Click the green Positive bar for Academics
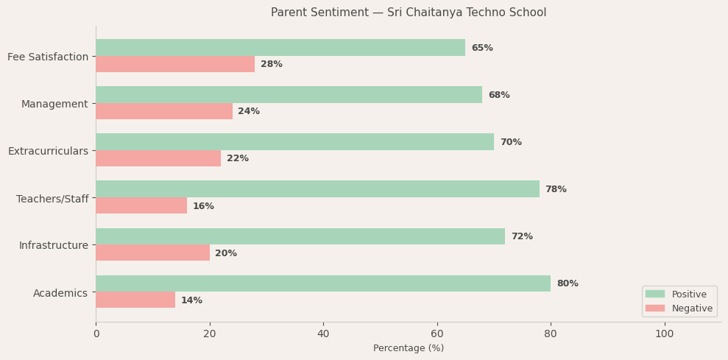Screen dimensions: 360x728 tap(323, 283)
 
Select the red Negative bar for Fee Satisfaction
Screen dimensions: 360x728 tap(175, 64)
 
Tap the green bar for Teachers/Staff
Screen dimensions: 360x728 tap(317, 189)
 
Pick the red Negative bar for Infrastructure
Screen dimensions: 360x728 tap(152, 253)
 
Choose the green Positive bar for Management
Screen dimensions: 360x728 tap(289, 95)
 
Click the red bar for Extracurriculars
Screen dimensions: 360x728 tap(158, 158)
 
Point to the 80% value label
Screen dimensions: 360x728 tap(567, 283)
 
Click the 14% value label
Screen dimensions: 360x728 tap(191, 300)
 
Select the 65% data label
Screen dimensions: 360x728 tap(482, 48)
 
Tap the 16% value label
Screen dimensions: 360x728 tap(203, 206)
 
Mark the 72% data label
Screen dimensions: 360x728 tap(521, 236)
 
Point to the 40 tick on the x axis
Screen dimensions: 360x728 tap(323, 333)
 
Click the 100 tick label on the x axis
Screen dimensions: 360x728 tap(664, 333)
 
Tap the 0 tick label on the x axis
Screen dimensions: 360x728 tap(96, 333)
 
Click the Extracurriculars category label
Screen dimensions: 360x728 tap(48, 151)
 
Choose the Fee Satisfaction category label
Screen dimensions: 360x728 tap(48, 57)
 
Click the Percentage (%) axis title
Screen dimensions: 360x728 tap(409, 348)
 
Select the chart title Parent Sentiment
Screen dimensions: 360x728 tap(409, 13)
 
